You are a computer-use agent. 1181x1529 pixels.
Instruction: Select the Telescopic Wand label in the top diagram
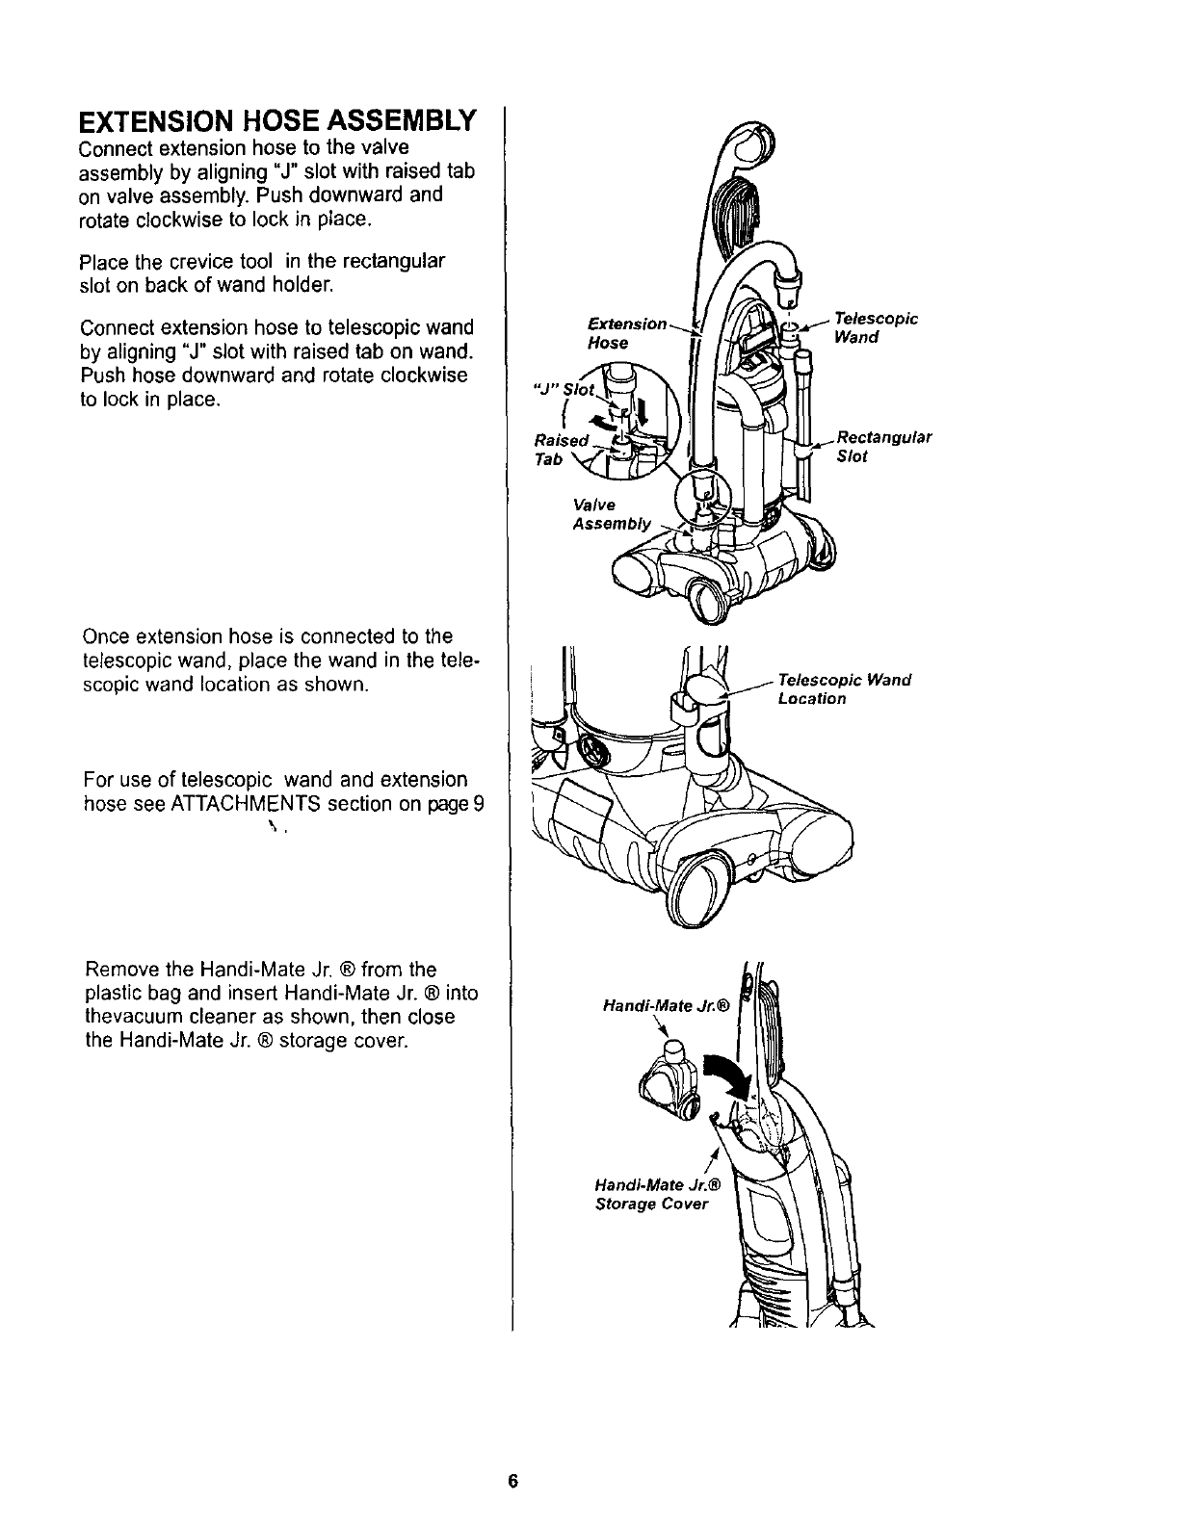[877, 327]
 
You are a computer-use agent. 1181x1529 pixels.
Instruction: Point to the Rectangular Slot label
[883, 447]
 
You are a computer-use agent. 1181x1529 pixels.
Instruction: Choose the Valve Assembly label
[612, 515]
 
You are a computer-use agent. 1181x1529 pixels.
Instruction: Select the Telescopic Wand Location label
[844, 689]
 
